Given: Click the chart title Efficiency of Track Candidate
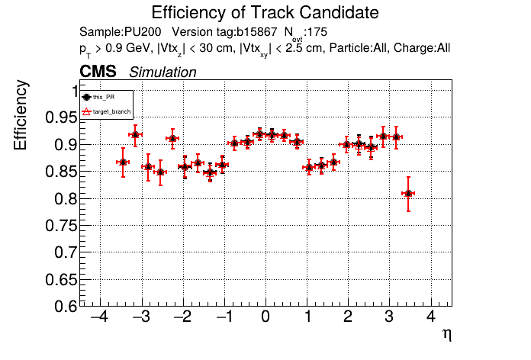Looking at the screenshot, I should point(265,13).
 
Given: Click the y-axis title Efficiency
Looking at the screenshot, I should point(23,116).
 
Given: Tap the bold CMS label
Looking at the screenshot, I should point(98,72).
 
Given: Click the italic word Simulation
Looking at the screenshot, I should point(163,72).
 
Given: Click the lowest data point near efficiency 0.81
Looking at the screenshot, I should point(408,193).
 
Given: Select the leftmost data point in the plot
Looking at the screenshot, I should point(123,162).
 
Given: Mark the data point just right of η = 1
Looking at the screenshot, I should point(309,167).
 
